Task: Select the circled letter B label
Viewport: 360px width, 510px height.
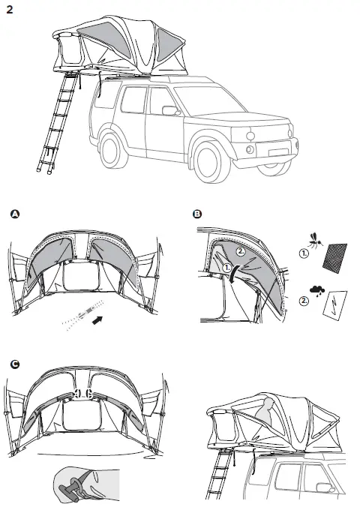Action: click(197, 214)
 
